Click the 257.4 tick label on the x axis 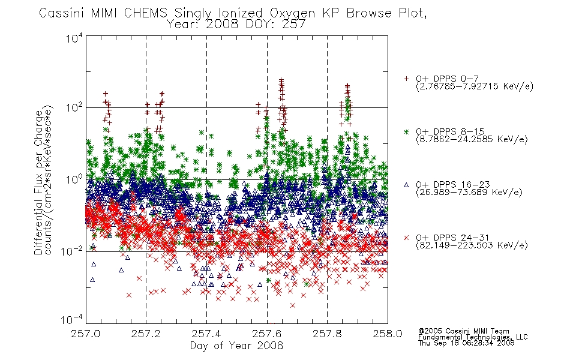point(207,334)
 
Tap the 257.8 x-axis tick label point(327,334)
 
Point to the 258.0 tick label point(388,334)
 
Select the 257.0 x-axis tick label point(86,334)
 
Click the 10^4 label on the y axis point(74,38)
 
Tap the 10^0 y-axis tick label point(74,179)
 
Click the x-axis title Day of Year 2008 point(236,346)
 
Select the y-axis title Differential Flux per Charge point(38,182)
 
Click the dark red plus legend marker point(406,79)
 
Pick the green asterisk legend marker point(406,132)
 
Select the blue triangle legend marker point(406,185)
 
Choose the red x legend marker point(406,238)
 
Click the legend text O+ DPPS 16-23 point(453,185)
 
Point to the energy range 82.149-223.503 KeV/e point(472,245)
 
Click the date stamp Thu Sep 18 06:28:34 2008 point(466,343)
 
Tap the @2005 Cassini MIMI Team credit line point(463,331)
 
